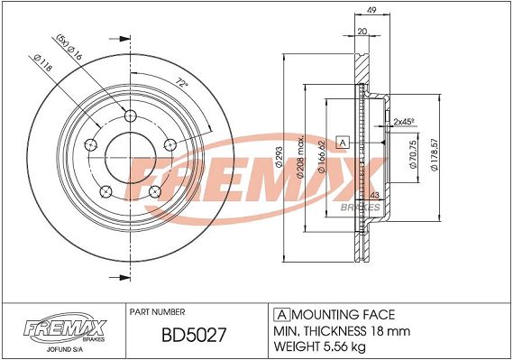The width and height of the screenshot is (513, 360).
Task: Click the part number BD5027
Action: click(194, 335)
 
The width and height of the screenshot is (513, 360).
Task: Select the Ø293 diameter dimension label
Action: click(279, 157)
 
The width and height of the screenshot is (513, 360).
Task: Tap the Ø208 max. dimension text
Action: click(300, 156)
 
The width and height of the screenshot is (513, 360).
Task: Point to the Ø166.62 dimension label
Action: click(321, 156)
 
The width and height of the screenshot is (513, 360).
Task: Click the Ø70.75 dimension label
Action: click(413, 154)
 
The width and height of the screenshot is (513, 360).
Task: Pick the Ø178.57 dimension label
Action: click(435, 154)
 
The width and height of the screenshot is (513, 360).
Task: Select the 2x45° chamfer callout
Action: click(404, 122)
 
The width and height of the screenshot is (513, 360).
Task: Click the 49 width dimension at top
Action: click(371, 10)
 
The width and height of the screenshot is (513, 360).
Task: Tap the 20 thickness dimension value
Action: click(362, 32)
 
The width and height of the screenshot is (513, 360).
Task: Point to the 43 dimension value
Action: click(375, 196)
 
